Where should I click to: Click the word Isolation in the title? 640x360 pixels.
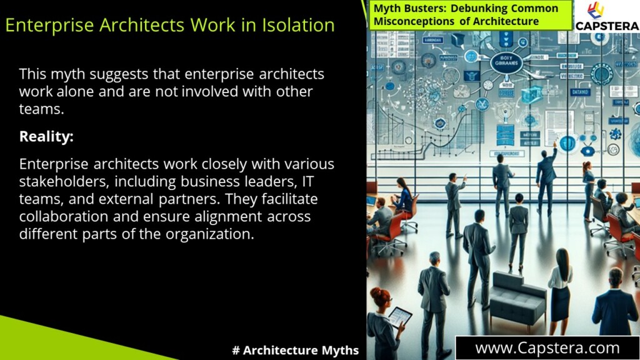point(292,26)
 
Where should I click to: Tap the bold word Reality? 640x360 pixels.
point(46,136)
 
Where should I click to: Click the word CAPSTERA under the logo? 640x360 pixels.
point(606,26)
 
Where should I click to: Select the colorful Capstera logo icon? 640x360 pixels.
point(596,11)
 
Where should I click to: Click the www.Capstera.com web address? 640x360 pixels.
point(547,348)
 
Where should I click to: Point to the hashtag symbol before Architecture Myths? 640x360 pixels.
point(236,350)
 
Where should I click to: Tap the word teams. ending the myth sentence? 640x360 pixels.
point(41,109)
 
